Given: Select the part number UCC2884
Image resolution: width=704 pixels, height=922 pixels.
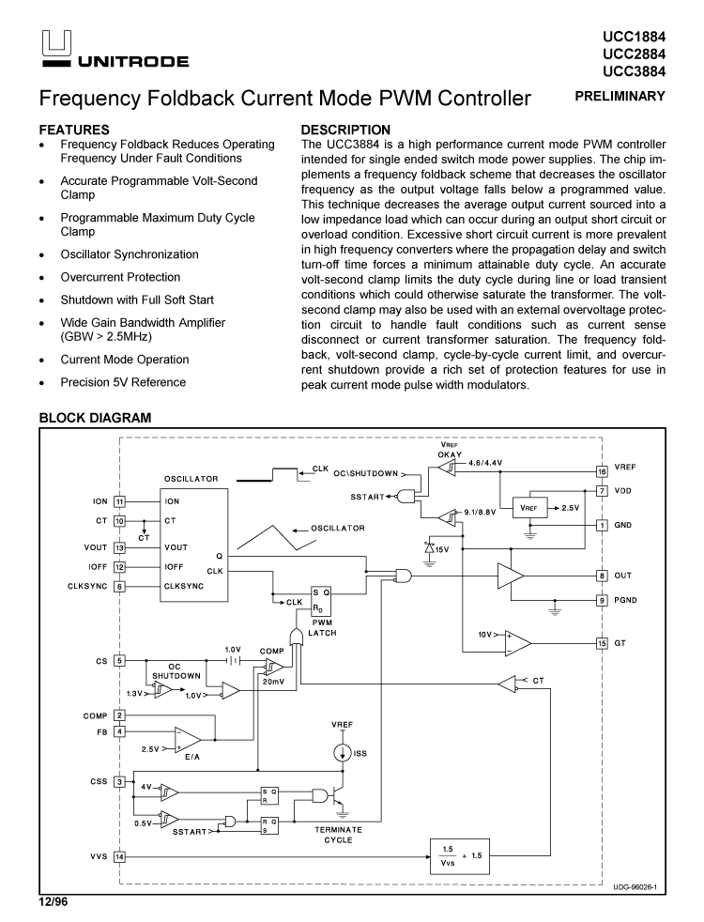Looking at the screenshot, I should pyautogui.click(x=634, y=54).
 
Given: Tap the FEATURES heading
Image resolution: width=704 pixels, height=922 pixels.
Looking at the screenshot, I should pyautogui.click(x=74, y=130).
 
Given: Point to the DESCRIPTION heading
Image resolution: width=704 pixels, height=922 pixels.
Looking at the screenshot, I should pyautogui.click(x=344, y=130).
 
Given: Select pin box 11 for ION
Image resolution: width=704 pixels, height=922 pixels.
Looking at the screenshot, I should pyautogui.click(x=119, y=501).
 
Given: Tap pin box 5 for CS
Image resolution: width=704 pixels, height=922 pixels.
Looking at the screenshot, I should pyautogui.click(x=119, y=661).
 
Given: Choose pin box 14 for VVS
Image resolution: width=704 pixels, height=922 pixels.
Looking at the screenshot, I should pyautogui.click(x=119, y=856).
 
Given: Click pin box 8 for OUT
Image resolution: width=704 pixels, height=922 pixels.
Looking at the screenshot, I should pyautogui.click(x=602, y=575).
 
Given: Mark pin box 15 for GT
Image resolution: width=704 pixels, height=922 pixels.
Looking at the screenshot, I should pyautogui.click(x=602, y=643).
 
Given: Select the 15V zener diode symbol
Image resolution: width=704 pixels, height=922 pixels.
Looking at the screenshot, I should pyautogui.click(x=430, y=547).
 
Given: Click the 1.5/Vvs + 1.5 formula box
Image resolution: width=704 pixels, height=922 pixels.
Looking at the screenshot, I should pyautogui.click(x=460, y=855).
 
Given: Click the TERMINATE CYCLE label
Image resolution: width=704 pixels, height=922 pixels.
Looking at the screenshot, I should pyautogui.click(x=338, y=835).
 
